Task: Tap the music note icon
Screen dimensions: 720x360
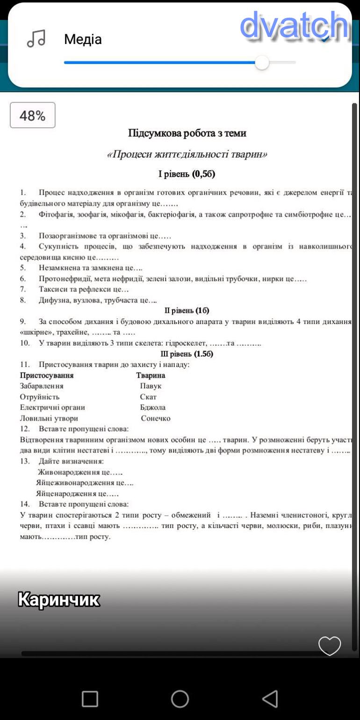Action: pos(36,39)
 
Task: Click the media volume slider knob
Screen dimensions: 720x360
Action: pos(262,63)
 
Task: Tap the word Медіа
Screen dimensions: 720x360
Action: pos(83,39)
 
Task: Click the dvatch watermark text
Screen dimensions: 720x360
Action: pos(294,26)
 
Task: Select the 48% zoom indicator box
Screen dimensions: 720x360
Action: pos(33,115)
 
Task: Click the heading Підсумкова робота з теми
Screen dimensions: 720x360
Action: pos(187,133)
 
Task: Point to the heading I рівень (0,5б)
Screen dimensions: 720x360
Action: pos(187,174)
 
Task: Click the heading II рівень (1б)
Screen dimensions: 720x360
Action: pos(187,311)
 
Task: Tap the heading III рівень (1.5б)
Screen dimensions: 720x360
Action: pos(187,354)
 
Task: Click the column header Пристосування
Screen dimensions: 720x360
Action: pos(47,375)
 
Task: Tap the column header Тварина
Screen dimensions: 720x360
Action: pos(151,375)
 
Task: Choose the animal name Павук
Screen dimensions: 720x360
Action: pos(151,386)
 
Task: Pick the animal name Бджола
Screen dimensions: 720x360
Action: pos(152,408)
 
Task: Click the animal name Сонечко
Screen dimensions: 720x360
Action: pos(156,418)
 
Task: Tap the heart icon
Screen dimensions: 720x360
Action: pos(330,646)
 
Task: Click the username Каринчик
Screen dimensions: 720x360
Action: pos(59,599)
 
